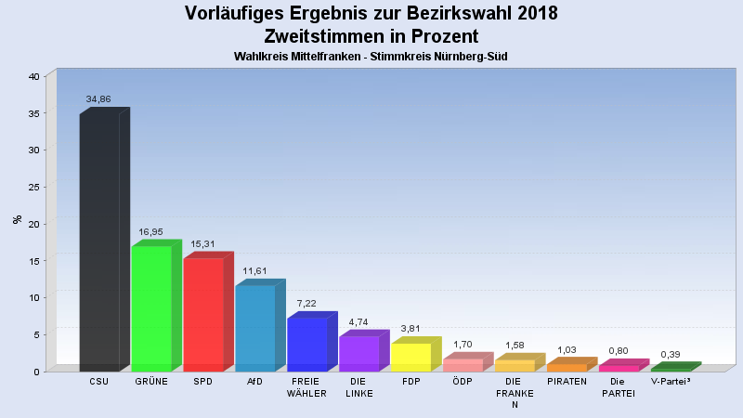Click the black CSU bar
[x=99, y=242]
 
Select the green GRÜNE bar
[x=151, y=308]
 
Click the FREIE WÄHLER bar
[x=307, y=345]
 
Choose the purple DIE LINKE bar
[x=359, y=354]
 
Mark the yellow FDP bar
[x=411, y=357]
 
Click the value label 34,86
[x=98, y=98]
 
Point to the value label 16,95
[x=151, y=231]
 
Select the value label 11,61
[x=255, y=270]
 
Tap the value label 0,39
[x=671, y=354]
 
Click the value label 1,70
[x=463, y=345]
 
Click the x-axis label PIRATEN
[x=567, y=381]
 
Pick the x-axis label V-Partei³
[x=671, y=381]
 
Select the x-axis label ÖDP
[x=463, y=381]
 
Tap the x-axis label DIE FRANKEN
[x=515, y=393]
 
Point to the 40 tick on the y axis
[x=33, y=76]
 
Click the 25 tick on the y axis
[x=33, y=187]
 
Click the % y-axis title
[x=17, y=220]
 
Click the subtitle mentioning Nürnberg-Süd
[x=371, y=57]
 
